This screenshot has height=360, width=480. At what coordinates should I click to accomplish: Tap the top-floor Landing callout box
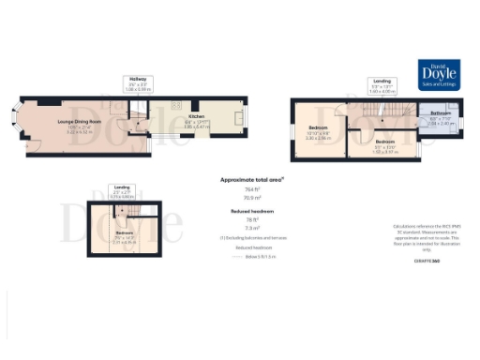[x=123, y=192]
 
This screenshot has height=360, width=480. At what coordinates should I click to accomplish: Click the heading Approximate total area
[x=252, y=178]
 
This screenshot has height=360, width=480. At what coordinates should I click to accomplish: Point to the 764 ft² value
[x=252, y=189]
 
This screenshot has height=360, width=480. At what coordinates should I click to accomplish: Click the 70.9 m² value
[x=252, y=199]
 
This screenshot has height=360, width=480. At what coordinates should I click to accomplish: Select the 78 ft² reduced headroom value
[x=252, y=220]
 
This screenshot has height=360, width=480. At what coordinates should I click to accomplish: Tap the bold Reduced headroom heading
[x=252, y=211]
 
